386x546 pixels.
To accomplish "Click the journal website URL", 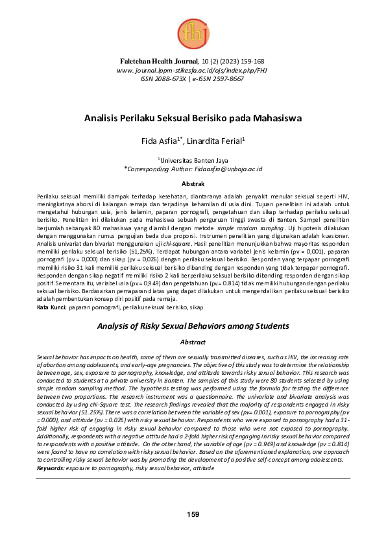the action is coord(193,69).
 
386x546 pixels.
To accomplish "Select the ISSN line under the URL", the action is coord(193,78).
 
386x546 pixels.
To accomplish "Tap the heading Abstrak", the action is coord(193,184).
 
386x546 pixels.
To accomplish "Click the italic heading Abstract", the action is coord(193,341).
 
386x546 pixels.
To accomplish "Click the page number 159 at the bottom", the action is coord(193,514).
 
